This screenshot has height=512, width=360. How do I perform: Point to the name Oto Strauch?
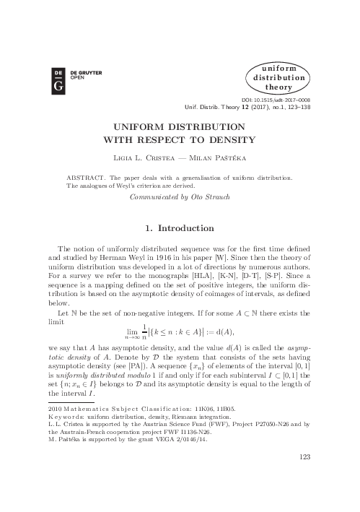(213, 196)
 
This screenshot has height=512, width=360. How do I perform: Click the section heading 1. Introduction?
(180, 228)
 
